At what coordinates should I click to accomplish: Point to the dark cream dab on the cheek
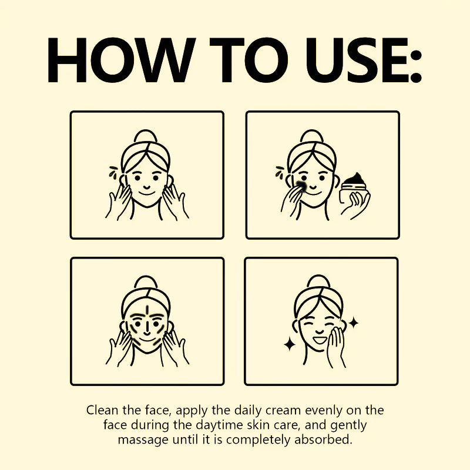click(301, 186)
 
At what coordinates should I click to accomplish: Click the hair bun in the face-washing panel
click(146, 137)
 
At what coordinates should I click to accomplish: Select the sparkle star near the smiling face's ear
click(354, 323)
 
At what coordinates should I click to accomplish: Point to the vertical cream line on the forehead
click(147, 311)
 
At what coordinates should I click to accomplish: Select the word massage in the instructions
click(143, 440)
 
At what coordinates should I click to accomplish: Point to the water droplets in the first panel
click(113, 171)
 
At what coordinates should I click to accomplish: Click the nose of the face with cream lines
click(147, 330)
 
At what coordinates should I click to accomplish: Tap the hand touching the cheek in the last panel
click(336, 345)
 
